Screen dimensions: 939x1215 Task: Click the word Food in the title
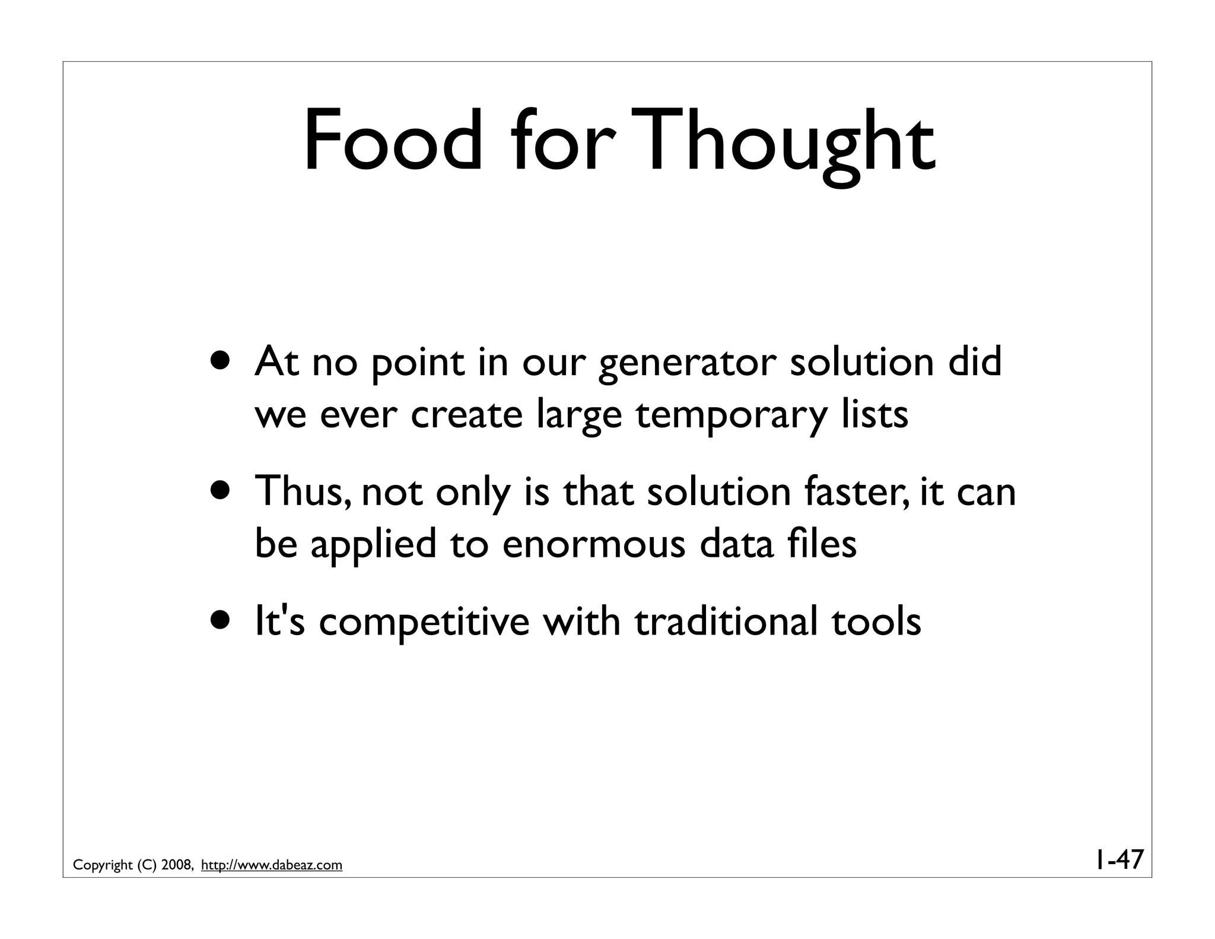pyautogui.click(x=393, y=141)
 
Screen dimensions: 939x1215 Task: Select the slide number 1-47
pyautogui.click(x=1118, y=859)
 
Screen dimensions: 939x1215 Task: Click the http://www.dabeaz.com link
pyautogui.click(x=272, y=865)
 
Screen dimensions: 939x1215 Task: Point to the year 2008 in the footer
pyautogui.click(x=176, y=865)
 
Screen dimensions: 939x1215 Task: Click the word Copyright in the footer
pyautogui.click(x=103, y=865)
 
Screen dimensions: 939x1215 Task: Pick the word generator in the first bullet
pyautogui.click(x=687, y=363)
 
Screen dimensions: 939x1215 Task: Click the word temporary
pyautogui.click(x=730, y=415)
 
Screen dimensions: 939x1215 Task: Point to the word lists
pyautogui.click(x=874, y=414)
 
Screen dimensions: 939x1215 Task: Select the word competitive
pyautogui.click(x=424, y=621)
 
